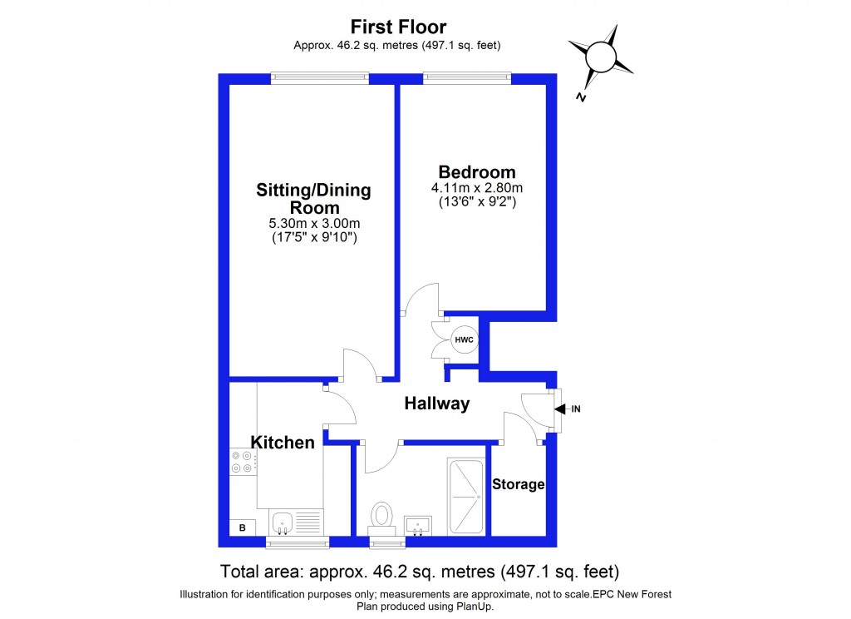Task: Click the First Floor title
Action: coord(398,27)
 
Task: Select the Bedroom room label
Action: coord(478,172)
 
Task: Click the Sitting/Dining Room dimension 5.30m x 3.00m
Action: coord(313,223)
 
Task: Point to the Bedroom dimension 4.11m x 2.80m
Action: coord(478,187)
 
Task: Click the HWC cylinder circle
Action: coord(464,339)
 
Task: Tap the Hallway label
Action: coord(436,404)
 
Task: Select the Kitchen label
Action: coord(283,443)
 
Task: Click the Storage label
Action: coord(518,484)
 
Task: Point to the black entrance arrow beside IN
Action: coord(560,409)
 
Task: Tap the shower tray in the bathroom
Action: coord(465,496)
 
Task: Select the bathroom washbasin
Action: coord(418,525)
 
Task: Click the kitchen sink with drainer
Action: coord(296,523)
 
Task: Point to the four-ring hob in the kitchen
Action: coord(243,463)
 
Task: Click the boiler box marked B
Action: coord(243,527)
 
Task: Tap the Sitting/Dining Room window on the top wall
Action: coord(320,79)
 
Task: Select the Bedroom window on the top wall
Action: coord(467,79)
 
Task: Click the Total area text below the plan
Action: coord(420,572)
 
